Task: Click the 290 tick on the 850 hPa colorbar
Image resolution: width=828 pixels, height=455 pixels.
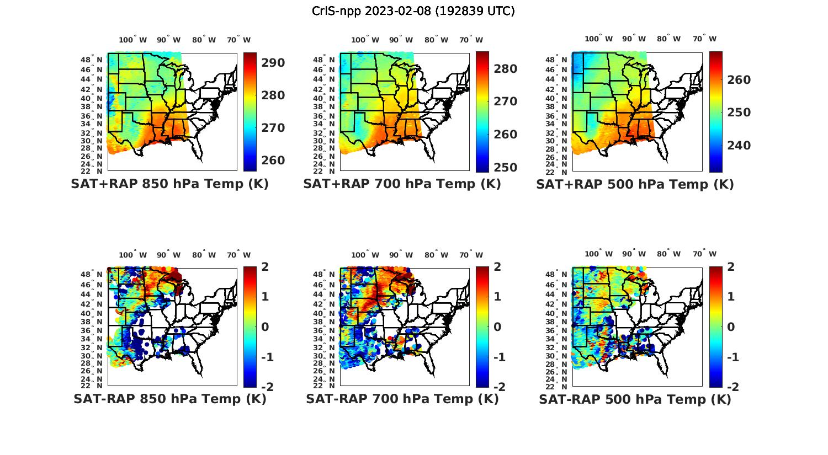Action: click(x=273, y=63)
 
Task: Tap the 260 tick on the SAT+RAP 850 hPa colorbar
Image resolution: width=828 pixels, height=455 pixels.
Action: click(x=273, y=160)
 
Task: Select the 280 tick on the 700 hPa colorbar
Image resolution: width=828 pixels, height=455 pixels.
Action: click(x=506, y=69)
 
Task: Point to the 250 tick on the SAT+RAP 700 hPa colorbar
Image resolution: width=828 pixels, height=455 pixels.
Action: click(x=506, y=168)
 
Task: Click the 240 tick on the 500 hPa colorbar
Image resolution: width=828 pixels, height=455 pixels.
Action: click(x=739, y=146)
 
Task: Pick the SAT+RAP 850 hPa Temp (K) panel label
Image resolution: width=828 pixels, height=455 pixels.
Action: click(x=169, y=184)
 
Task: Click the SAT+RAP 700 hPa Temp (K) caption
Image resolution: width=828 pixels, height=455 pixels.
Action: click(x=402, y=184)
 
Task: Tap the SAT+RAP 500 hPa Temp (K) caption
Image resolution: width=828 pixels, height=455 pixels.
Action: click(x=635, y=184)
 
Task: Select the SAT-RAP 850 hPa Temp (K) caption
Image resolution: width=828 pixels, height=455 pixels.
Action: click(x=169, y=399)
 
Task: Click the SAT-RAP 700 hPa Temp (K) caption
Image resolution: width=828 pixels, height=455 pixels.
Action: click(x=402, y=399)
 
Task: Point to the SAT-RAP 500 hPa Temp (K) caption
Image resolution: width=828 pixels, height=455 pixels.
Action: click(x=635, y=399)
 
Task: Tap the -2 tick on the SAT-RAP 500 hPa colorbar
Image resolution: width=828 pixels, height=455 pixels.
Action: click(x=733, y=387)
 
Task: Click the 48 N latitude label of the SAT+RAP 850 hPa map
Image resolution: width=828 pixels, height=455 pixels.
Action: click(x=92, y=60)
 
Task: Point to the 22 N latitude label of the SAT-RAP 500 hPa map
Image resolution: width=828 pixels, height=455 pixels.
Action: click(x=556, y=386)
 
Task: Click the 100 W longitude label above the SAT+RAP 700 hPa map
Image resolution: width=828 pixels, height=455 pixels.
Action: click(x=365, y=40)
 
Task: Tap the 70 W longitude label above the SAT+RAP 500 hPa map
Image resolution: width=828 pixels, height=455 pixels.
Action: click(x=705, y=39)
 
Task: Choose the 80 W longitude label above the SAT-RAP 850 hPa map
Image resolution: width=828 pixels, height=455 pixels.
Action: click(x=200, y=255)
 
